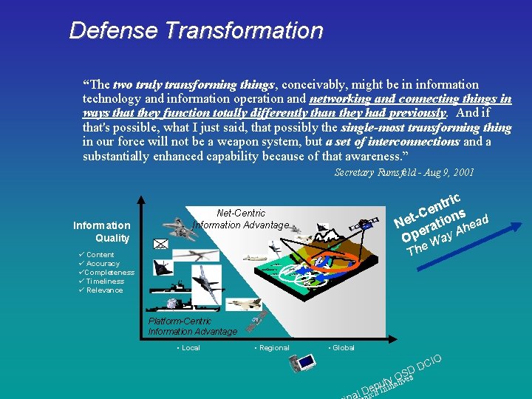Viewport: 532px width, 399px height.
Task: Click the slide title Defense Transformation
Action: tap(196, 30)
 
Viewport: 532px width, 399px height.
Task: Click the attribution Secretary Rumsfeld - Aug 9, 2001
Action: tap(403, 172)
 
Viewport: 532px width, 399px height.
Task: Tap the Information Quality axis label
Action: tap(101, 231)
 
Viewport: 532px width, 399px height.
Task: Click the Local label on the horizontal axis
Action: tap(189, 347)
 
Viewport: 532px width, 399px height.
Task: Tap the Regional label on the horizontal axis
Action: tap(272, 347)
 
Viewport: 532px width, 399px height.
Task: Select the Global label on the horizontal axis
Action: tap(341, 347)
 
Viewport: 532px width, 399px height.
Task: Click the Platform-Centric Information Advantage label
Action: tap(192, 327)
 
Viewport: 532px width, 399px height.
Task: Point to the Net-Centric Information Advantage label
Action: tap(241, 219)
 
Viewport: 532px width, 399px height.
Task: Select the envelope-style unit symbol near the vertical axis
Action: tap(161, 243)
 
